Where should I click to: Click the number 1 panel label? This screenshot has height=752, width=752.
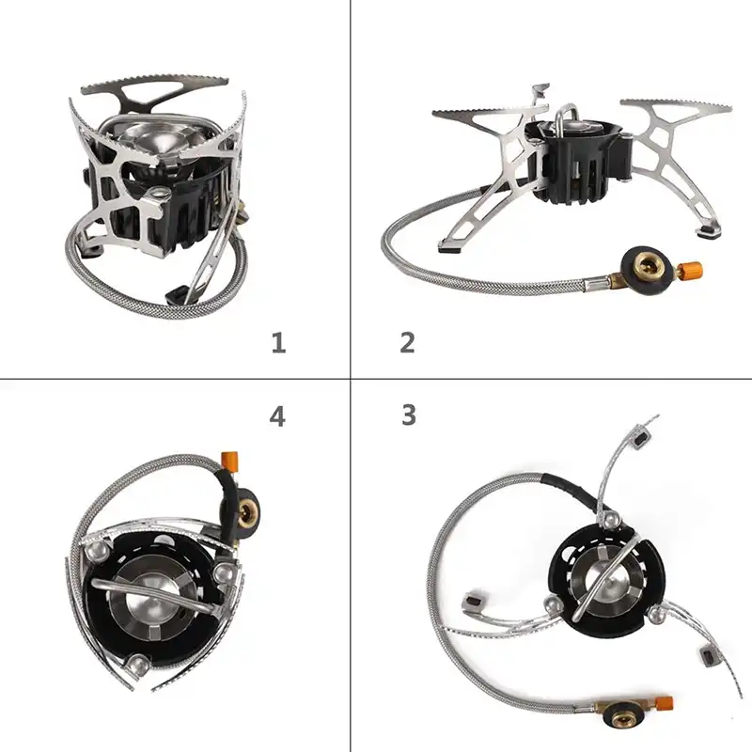coord(278,343)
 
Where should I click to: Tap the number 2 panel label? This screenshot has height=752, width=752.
coord(407,343)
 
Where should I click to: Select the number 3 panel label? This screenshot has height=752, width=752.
coord(409,415)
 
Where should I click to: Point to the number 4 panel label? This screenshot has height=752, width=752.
coord(277,416)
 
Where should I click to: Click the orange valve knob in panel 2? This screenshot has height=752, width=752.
coord(692,271)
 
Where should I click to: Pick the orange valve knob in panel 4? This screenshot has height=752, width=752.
coord(229,461)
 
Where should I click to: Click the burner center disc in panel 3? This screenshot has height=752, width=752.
coord(605,584)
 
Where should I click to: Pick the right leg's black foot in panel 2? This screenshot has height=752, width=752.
coord(710,233)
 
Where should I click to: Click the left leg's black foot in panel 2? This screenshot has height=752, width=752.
coord(450,248)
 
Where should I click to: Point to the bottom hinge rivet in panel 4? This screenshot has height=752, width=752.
coord(138,666)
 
